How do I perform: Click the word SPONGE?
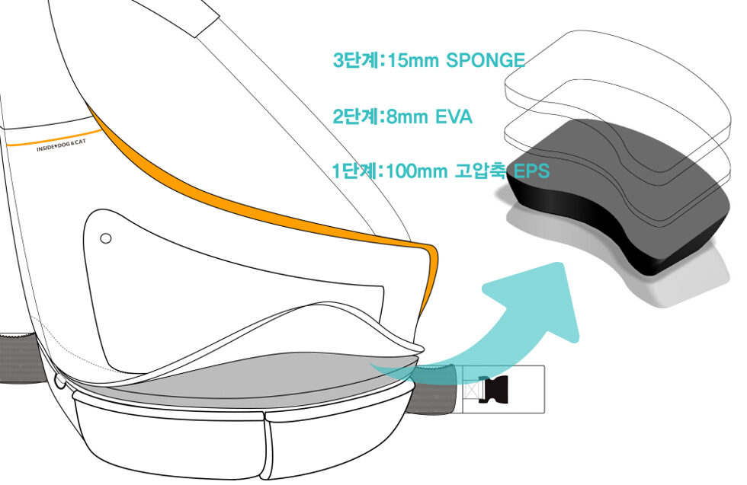pyautogui.click(x=486, y=60)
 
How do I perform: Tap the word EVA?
pyautogui.click(x=454, y=116)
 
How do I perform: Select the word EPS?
pyautogui.click(x=531, y=171)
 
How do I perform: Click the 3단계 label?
pyautogui.click(x=357, y=60)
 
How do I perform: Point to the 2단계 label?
pyautogui.click(x=356, y=116)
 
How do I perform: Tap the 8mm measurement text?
pyautogui.click(x=407, y=116)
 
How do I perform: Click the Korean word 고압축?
pyautogui.click(x=480, y=171)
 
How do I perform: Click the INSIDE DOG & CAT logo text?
pyautogui.click(x=62, y=146)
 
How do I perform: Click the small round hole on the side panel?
pyautogui.click(x=106, y=238)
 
